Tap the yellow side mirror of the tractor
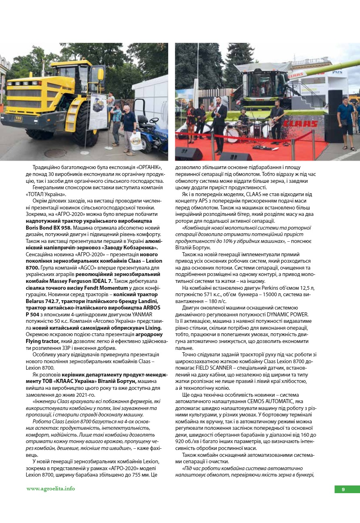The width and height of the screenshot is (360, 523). [100, 74]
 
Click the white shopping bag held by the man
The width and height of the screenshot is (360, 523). [136, 140]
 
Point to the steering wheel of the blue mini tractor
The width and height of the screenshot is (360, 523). [154, 120]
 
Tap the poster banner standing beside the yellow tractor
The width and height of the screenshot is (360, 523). [98, 111]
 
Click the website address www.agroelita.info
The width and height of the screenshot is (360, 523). [50, 489]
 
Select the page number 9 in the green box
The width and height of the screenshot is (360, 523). [343, 490]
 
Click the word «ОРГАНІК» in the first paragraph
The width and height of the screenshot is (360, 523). [149, 167]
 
